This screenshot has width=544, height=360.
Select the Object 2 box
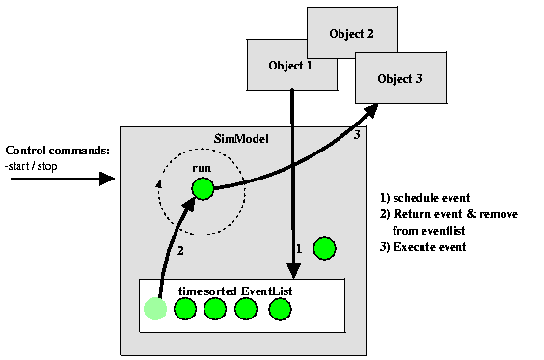(351, 33)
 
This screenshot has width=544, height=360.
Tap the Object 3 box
(400, 78)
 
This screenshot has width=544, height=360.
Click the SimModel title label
(240, 141)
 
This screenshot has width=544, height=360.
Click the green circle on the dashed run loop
(202, 189)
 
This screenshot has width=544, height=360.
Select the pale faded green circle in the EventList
(154, 309)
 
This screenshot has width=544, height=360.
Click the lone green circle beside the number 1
(325, 249)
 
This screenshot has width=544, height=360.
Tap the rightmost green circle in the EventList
(280, 309)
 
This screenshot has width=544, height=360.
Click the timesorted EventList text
(228, 290)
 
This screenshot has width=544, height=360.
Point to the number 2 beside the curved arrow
(179, 252)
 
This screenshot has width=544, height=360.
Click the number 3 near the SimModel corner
(356, 136)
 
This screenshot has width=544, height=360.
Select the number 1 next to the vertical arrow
(300, 249)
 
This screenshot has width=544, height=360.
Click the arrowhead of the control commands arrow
(108, 180)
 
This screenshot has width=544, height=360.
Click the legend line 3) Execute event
(423, 247)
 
